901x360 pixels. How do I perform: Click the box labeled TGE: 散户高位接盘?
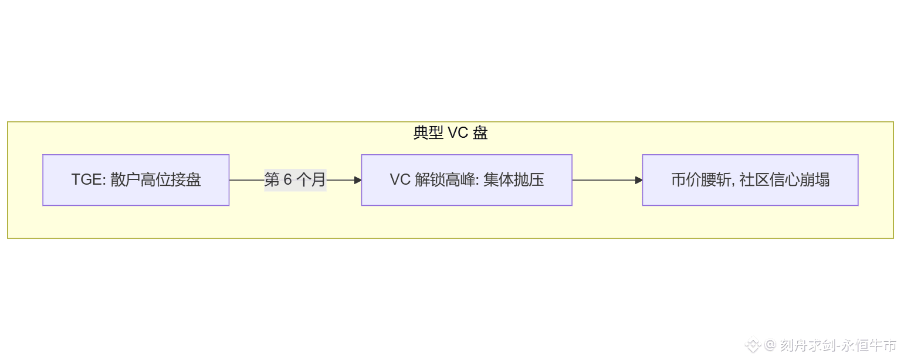136,180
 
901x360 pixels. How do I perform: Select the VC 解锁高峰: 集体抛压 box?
466,180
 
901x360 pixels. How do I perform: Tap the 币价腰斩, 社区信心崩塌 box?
750,180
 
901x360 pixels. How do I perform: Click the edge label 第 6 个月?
295,180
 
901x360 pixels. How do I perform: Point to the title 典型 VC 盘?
450,133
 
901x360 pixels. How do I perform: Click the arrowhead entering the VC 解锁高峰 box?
358,180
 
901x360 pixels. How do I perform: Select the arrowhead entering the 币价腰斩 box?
639,180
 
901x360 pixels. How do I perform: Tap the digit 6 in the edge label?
287,180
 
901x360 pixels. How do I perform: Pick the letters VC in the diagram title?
457,133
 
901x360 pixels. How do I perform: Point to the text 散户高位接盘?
155,180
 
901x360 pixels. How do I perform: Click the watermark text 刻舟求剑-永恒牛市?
838,345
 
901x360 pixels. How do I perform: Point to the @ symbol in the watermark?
770,345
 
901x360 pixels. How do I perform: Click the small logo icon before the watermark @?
753,346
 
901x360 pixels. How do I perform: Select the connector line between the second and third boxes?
604,180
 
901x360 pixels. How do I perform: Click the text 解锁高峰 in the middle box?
445,180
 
